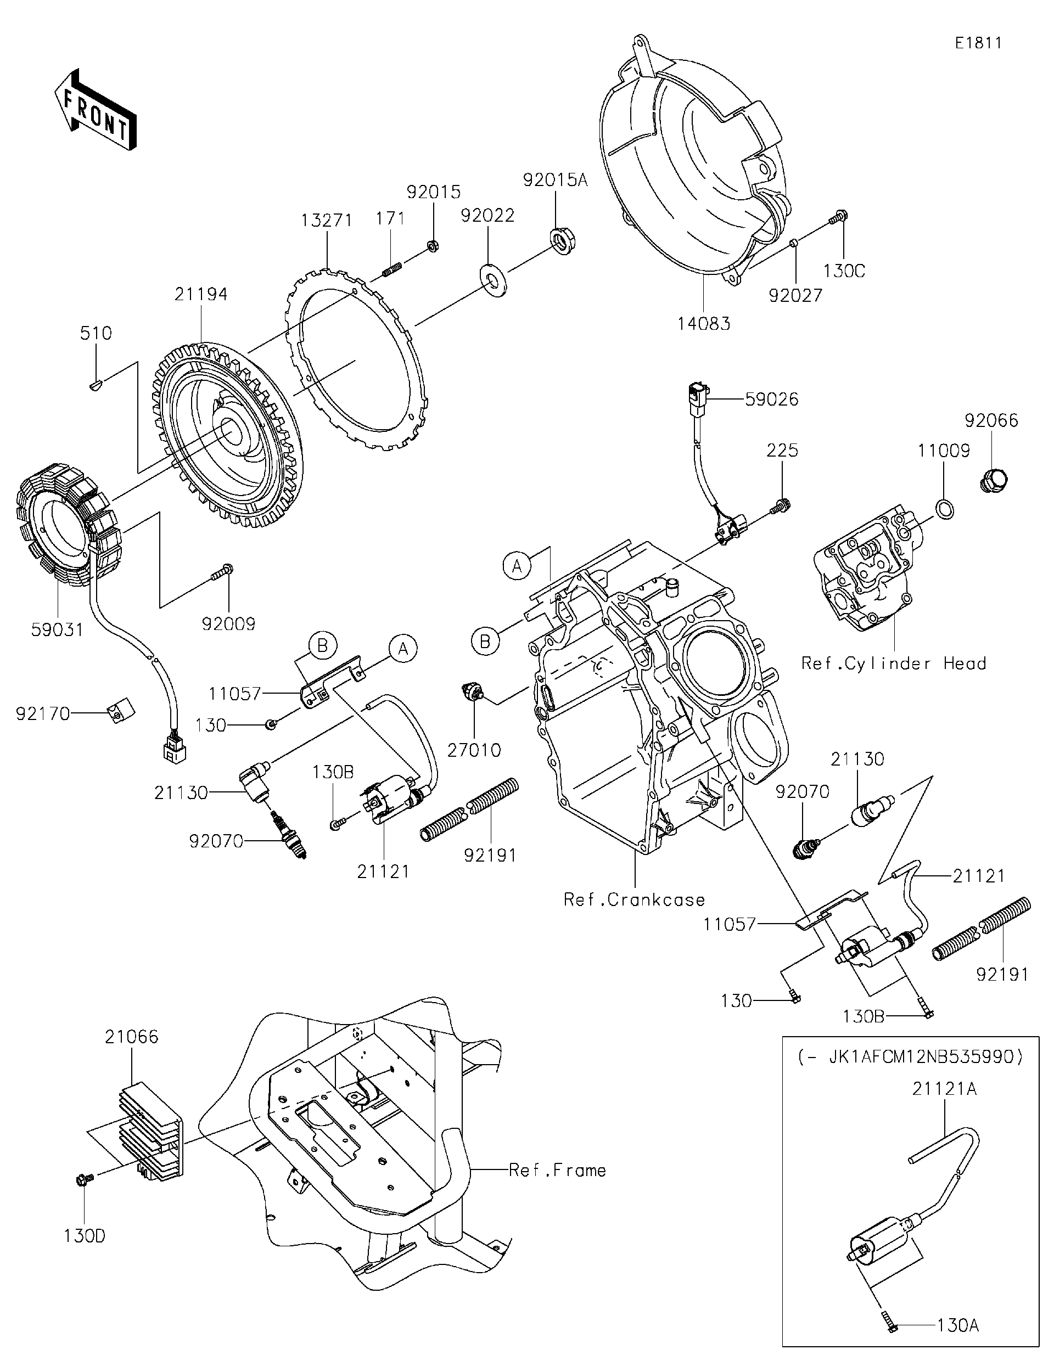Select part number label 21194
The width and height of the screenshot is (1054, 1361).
(x=201, y=294)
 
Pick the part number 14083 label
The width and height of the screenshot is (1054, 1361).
(x=704, y=323)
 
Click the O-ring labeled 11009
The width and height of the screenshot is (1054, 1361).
(x=944, y=510)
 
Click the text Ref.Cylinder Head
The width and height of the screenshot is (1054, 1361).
(x=893, y=663)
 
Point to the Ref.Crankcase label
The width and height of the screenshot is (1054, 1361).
(x=634, y=900)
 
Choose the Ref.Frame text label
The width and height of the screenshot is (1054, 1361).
(x=557, y=1171)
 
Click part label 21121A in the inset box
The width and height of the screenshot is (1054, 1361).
(x=944, y=1089)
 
